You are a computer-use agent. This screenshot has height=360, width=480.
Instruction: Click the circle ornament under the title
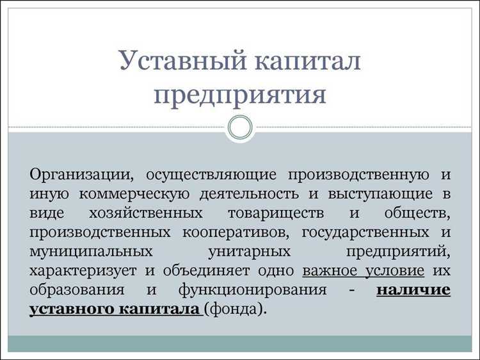coord(241,127)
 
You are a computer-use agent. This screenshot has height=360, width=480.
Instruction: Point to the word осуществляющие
coord(211,174)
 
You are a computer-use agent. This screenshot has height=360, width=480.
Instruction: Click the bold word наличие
coord(413,289)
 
